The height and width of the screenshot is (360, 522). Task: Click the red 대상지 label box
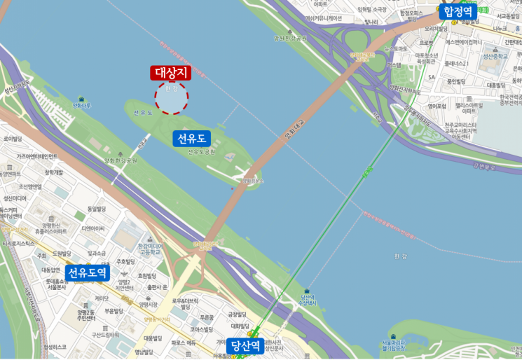[172, 73]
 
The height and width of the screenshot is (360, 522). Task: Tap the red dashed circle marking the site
[172, 97]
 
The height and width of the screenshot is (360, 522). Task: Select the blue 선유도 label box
[192, 138]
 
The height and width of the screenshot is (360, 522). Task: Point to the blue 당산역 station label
[246, 345]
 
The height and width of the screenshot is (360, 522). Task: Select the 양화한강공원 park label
[121, 160]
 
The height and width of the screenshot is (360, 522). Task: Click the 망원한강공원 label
[290, 39]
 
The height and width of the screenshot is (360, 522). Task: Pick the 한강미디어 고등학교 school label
[149, 249]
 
